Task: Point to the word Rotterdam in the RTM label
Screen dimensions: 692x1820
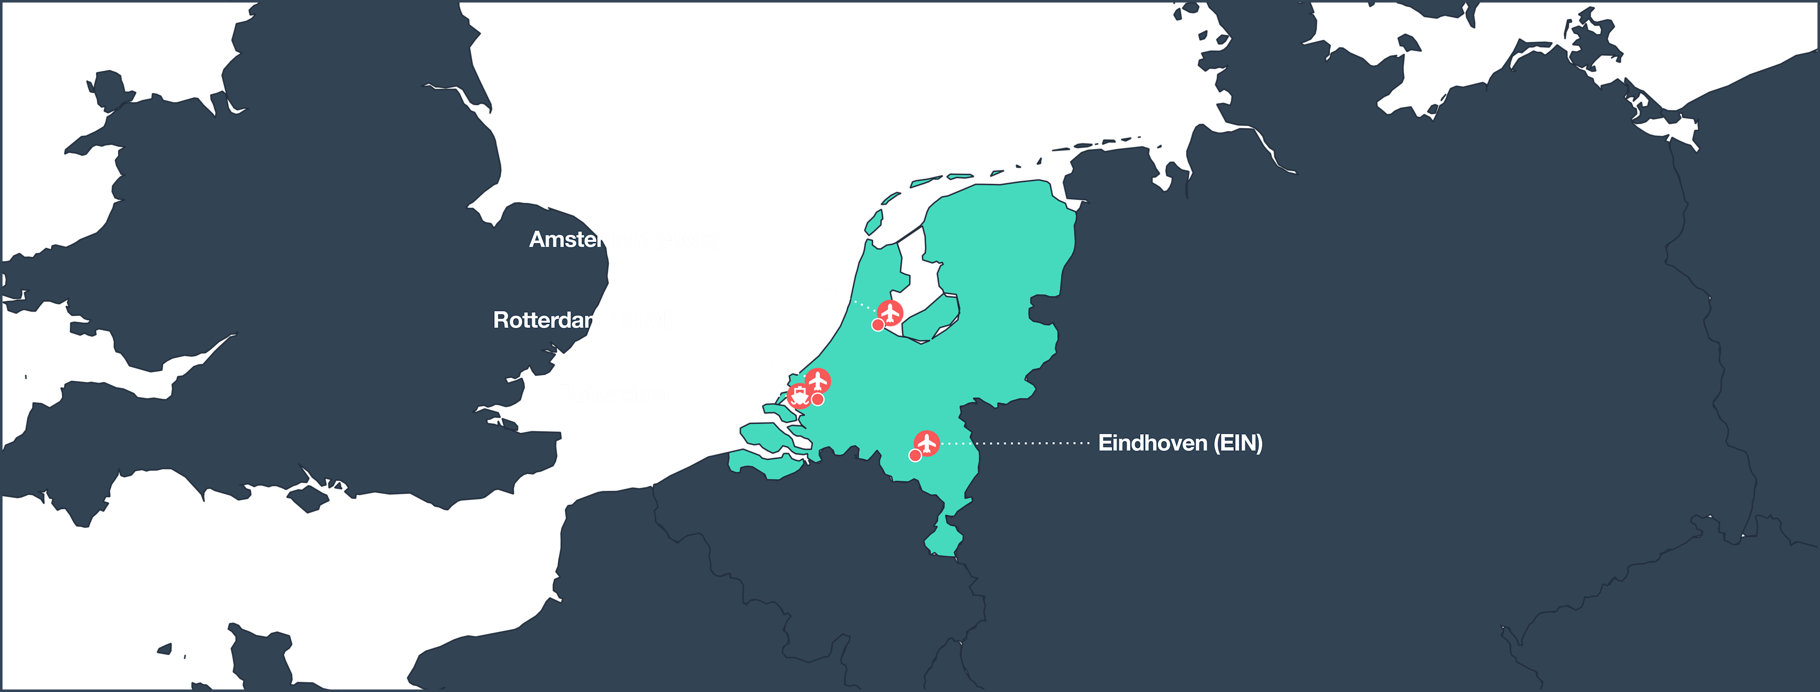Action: point(548,321)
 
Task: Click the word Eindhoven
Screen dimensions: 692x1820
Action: point(1152,443)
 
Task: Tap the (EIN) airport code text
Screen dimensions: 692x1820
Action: point(1238,443)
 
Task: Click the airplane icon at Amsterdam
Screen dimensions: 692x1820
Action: point(890,312)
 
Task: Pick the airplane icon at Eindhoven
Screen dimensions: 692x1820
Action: point(926,443)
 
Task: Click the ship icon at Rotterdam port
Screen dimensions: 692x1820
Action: point(799,396)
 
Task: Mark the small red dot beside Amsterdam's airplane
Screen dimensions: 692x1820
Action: point(877,325)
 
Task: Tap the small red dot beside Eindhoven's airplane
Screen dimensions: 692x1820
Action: point(915,456)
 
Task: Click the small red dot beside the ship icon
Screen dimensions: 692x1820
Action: point(817,400)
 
